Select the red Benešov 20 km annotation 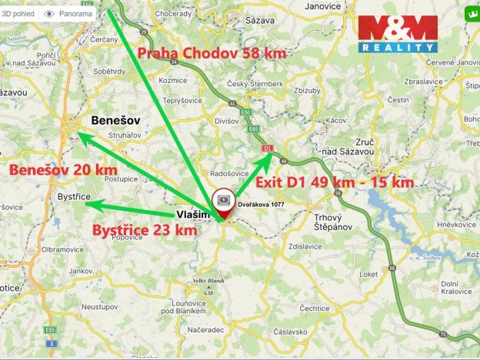coord(62,169)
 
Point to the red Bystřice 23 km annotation coord(144,229)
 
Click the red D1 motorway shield coord(268,148)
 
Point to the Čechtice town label coord(315,308)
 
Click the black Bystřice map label coord(74,198)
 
